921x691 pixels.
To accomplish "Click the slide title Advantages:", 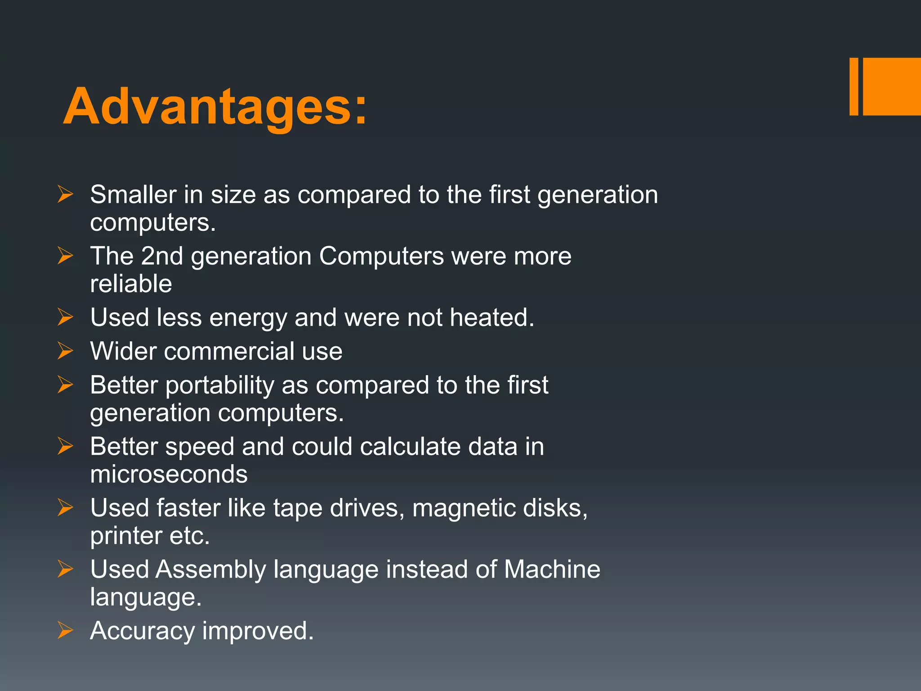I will pyautogui.click(x=215, y=107).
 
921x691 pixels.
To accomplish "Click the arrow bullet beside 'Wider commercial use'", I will pyautogui.click(x=65, y=351).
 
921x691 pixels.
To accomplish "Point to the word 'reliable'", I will pyautogui.click(x=131, y=284).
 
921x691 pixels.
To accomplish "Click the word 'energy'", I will pyautogui.click(x=248, y=318).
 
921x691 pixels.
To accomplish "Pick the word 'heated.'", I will pyautogui.click(x=492, y=318).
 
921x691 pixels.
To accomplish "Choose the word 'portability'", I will pyautogui.click(x=219, y=386).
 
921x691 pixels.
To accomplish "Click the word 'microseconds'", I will pyautogui.click(x=169, y=474).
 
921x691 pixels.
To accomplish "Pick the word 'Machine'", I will pyautogui.click(x=552, y=570).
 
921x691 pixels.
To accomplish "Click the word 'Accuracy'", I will pyautogui.click(x=142, y=631).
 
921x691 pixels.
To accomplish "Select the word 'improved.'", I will pyautogui.click(x=258, y=631).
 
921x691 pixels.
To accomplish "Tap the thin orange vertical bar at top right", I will pyautogui.click(x=854, y=86).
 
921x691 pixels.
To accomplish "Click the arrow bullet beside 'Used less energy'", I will pyautogui.click(x=65, y=317).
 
